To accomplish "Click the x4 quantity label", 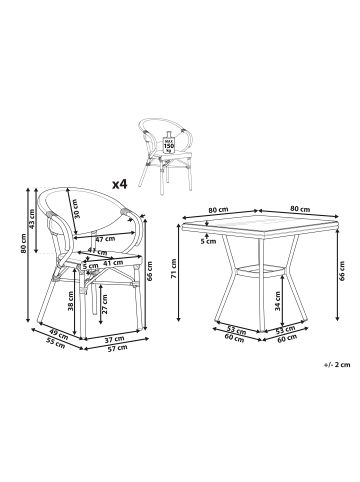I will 121,183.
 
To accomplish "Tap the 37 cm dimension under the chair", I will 113,340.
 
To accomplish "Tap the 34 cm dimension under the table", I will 247,296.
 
